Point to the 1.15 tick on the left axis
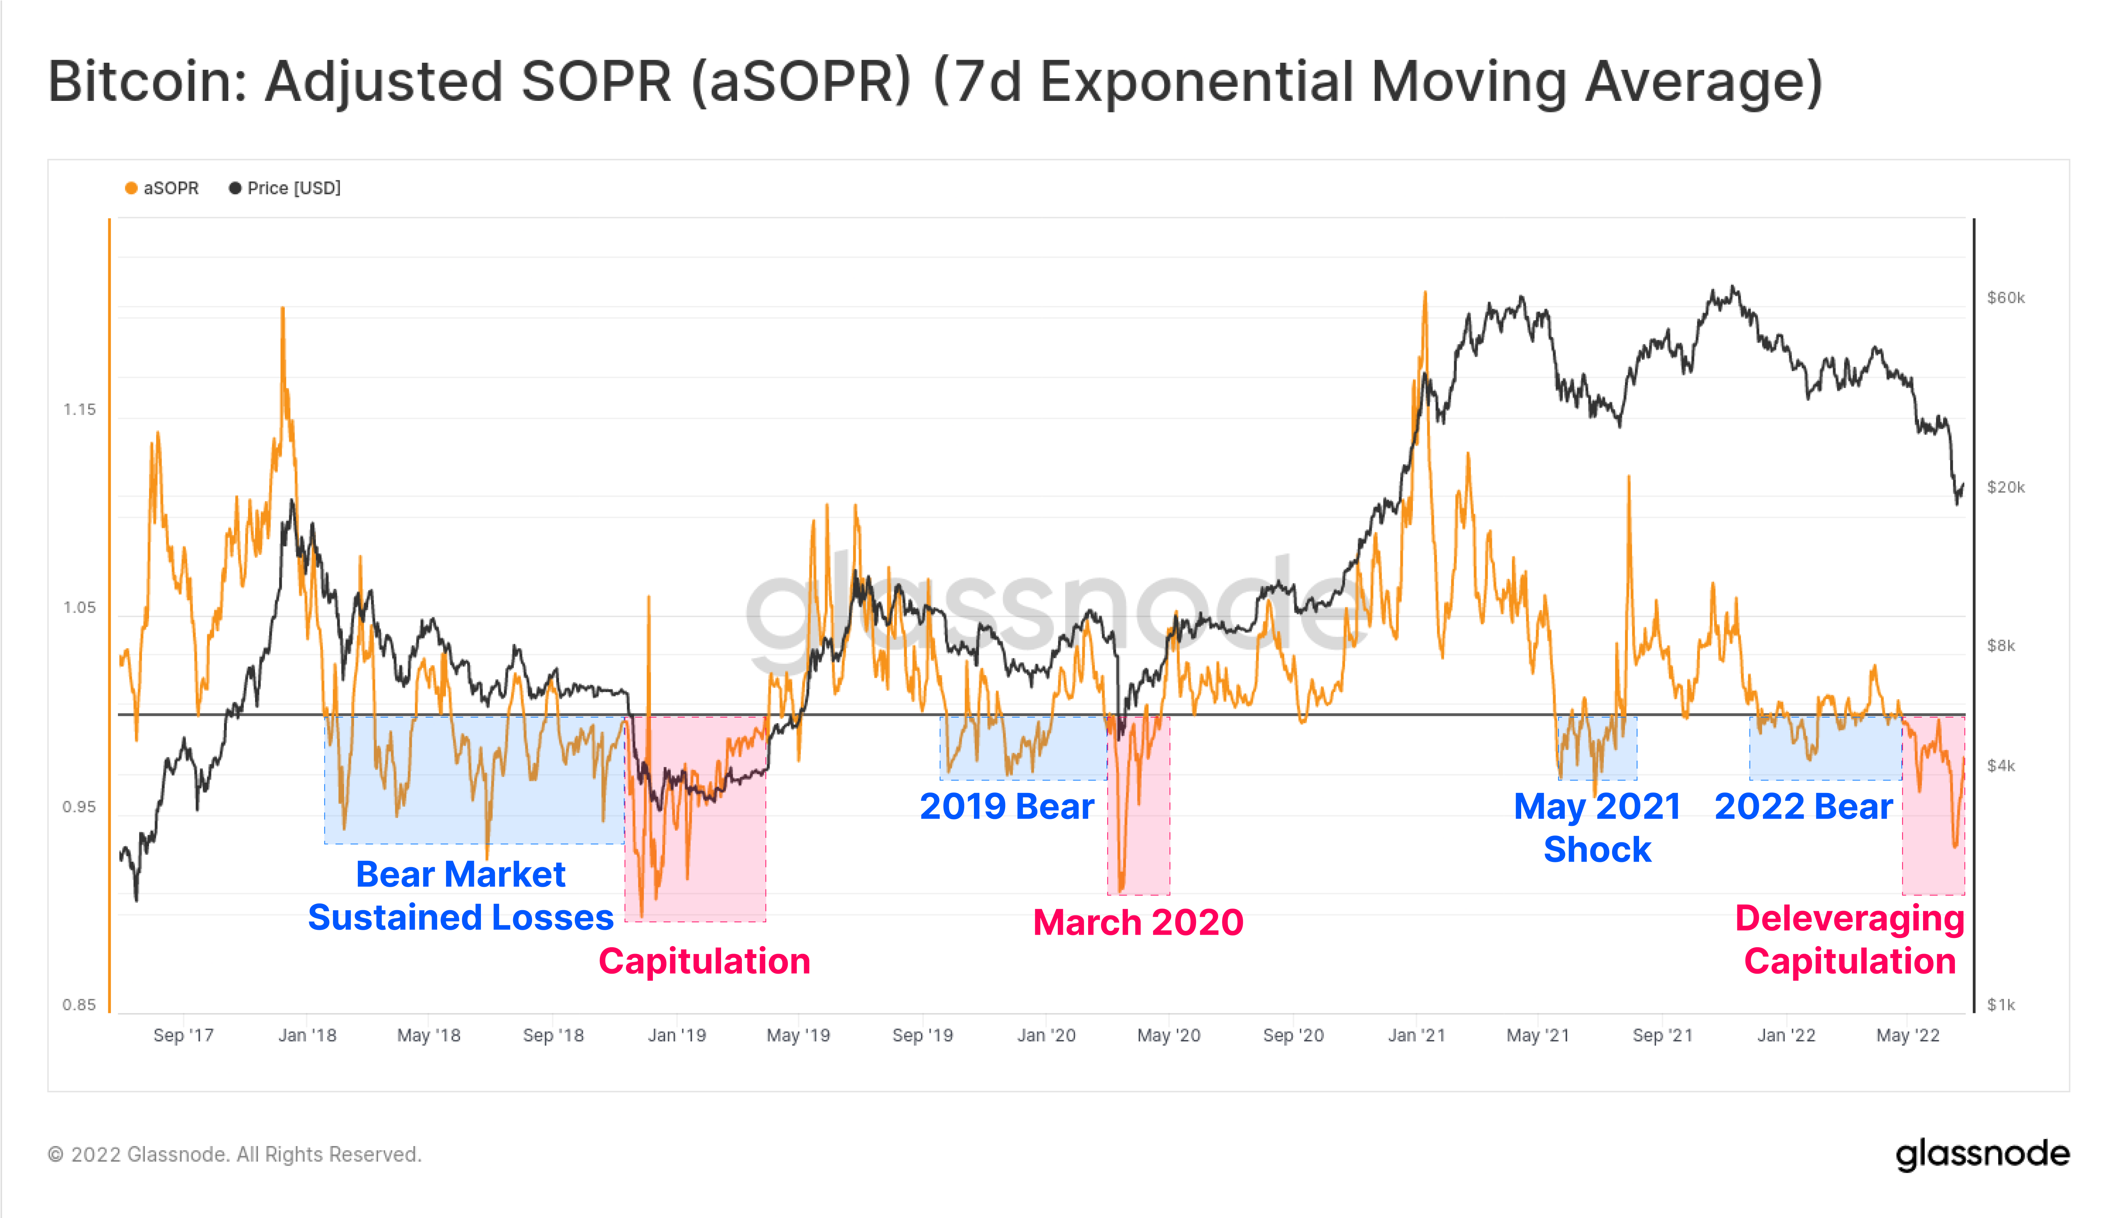tap(79, 409)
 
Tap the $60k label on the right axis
tap(2005, 298)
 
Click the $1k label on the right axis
tap(2001, 1005)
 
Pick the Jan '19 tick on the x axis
tap(677, 1035)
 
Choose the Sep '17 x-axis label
tap(183, 1035)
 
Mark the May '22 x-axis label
tap(1907, 1035)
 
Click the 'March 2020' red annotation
tap(1138, 922)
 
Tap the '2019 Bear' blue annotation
tap(1007, 806)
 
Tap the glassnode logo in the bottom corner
tap(1982, 1155)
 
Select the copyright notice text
tap(234, 1155)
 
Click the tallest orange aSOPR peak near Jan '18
tap(283, 310)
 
